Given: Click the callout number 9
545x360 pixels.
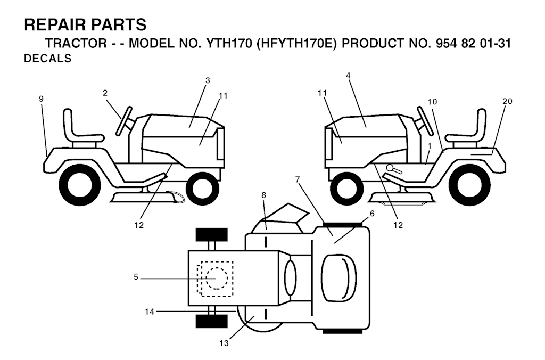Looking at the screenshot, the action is (42, 99).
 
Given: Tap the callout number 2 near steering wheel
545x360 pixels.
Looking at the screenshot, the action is (105, 93).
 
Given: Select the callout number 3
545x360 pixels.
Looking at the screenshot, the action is (208, 81).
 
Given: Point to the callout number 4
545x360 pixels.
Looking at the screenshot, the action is (348, 76).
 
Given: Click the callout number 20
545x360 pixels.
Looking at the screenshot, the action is (507, 101).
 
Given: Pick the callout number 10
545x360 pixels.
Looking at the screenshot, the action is (432, 102).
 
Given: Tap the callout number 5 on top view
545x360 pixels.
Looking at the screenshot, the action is (136, 277).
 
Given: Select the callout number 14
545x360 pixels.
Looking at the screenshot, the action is (150, 312).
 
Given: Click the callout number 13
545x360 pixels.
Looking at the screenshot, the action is (224, 343).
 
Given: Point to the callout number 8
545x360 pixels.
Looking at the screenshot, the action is (264, 195).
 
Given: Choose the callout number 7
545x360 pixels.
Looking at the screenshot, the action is (298, 180).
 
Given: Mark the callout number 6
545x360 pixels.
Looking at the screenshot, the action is (372, 214).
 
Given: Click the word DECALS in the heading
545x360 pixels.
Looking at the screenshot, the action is (47, 59).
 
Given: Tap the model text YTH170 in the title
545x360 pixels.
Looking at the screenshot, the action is (229, 44).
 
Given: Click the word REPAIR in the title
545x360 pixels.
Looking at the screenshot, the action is (55, 25).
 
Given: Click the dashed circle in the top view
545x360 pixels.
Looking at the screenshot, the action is (217, 279).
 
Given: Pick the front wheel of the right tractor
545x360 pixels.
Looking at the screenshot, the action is (346, 187).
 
